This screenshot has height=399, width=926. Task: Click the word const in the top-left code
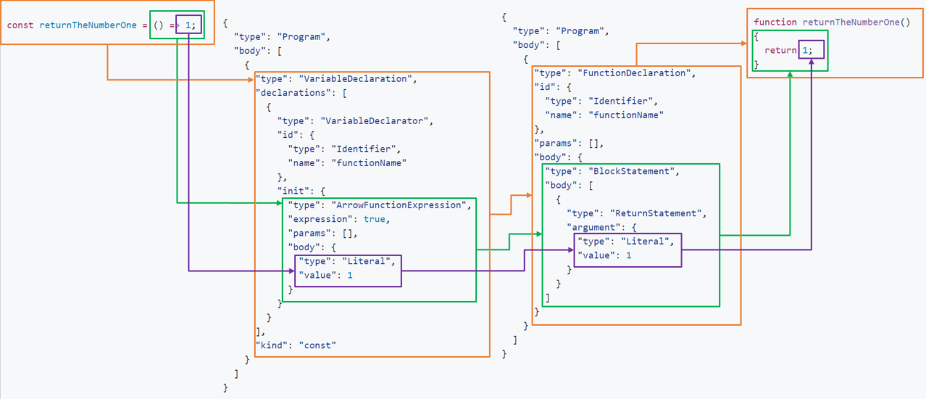click(x=20, y=25)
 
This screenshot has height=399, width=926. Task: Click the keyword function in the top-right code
click(x=775, y=22)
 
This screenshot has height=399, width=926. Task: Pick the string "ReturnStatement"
click(x=658, y=213)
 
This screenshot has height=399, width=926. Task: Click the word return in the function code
click(x=780, y=50)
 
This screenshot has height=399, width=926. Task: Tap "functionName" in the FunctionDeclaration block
click(x=626, y=115)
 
